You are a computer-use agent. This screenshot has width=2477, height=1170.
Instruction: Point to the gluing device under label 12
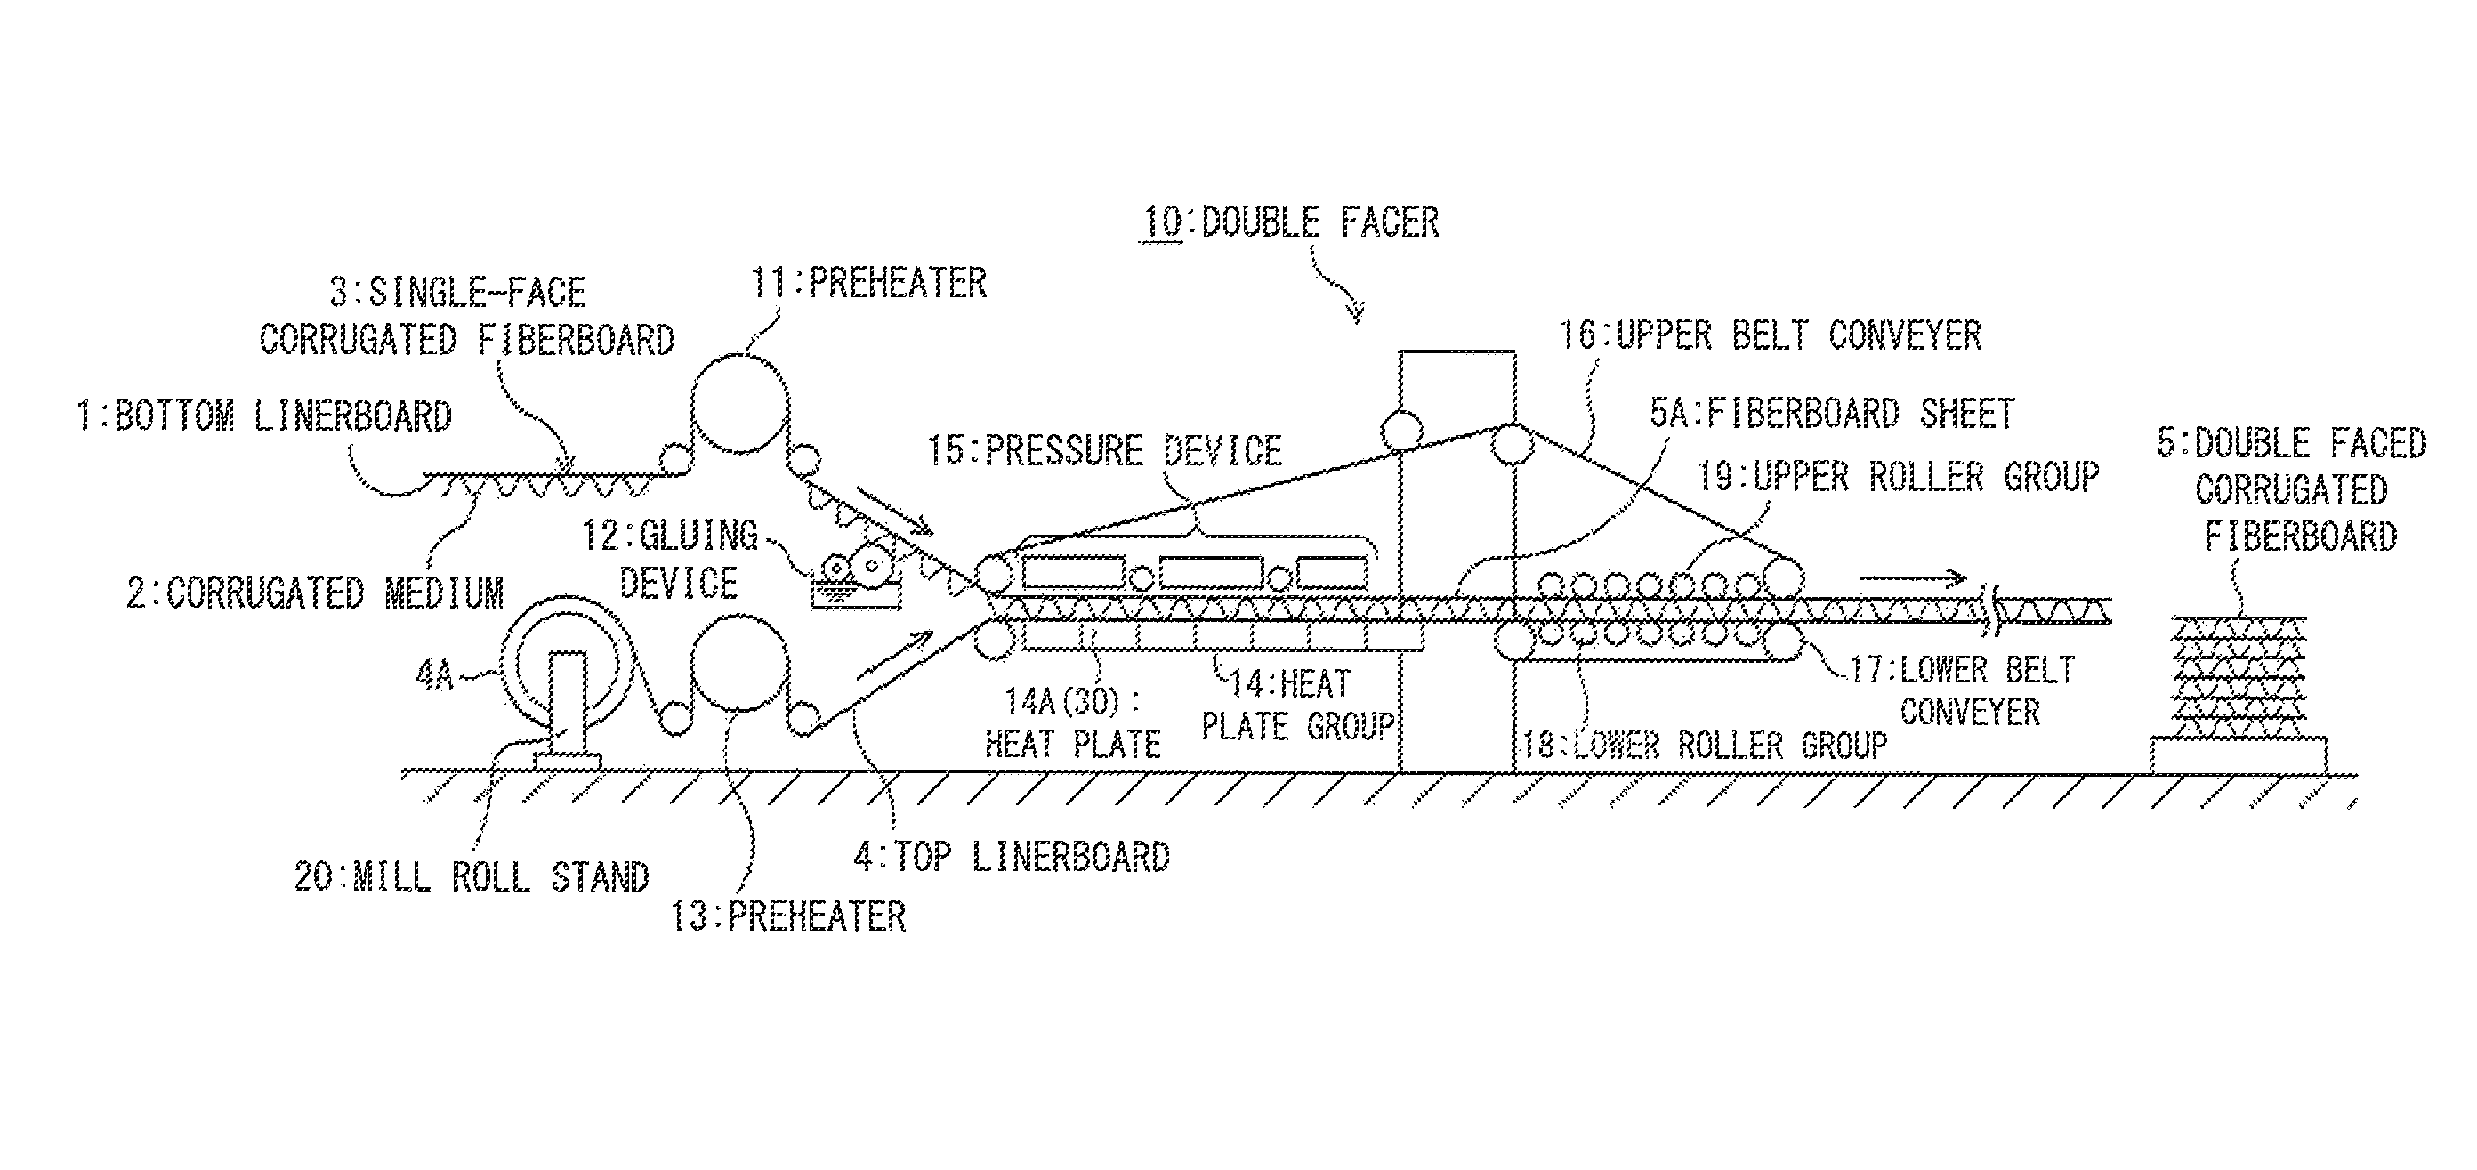856,580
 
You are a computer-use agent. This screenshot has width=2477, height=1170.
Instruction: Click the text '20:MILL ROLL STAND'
472,876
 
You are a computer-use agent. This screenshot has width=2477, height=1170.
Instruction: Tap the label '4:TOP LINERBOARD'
1012,857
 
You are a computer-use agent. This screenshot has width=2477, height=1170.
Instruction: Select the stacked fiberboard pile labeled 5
2240,678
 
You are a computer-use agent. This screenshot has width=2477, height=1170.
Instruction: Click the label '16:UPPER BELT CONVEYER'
1770,335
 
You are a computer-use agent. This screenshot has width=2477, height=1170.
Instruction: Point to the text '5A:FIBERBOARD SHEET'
1832,415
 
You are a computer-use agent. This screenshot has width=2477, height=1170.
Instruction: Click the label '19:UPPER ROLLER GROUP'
1897,477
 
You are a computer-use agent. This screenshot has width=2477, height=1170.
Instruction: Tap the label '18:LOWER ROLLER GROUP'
1704,745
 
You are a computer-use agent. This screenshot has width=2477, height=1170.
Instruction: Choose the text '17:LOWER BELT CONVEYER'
1962,690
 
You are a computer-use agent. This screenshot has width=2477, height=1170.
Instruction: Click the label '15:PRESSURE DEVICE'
1105,451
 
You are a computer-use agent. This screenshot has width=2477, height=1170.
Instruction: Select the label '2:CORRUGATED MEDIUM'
315,593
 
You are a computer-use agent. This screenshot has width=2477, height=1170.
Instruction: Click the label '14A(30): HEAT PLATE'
1072,723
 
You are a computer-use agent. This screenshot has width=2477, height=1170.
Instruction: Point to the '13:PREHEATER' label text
787,916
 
